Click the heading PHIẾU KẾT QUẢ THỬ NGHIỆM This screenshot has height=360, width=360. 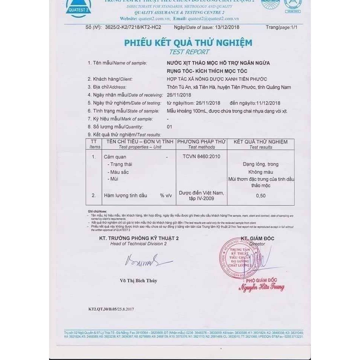(188, 43)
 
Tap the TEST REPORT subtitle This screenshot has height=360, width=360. (189, 52)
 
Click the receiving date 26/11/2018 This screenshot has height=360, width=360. (179, 95)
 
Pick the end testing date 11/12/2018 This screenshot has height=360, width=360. (268, 103)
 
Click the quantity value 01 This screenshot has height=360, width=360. (169, 127)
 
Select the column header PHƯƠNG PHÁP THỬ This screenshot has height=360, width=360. (201, 142)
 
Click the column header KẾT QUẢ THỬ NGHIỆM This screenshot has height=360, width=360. (261, 142)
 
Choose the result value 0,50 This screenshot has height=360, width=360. (261, 195)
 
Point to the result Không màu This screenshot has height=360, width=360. (261, 172)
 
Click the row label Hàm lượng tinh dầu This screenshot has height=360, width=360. (125, 195)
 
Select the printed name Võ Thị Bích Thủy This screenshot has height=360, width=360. (138, 280)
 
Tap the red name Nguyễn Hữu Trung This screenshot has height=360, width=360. (261, 288)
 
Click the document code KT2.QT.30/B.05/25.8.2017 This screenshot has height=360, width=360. (111, 309)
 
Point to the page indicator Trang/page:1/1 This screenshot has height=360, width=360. (281, 27)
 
